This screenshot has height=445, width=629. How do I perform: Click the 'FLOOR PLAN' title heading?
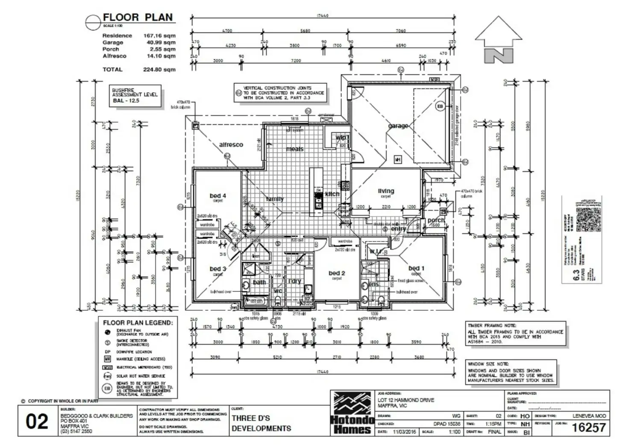pyautogui.click(x=138, y=18)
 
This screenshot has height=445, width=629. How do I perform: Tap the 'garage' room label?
pyautogui.click(x=398, y=126)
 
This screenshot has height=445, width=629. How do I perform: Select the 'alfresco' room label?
pyautogui.click(x=231, y=144)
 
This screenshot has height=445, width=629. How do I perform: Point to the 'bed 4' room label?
pyautogui.click(x=218, y=196)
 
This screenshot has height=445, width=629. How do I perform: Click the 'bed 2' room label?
pyautogui.click(x=337, y=273)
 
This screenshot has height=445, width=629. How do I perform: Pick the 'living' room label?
pyautogui.click(x=386, y=191)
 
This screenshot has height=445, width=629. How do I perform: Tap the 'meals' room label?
pyautogui.click(x=294, y=149)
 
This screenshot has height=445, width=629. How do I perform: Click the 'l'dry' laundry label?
pyautogui.click(x=294, y=281)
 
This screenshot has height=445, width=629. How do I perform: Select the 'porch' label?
pyautogui.click(x=436, y=220)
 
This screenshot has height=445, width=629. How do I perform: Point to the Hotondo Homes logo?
pyautogui.click(x=352, y=413)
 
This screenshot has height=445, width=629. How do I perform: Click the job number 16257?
pyautogui.click(x=588, y=427)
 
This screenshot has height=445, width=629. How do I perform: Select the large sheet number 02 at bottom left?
pyautogui.click(x=37, y=422)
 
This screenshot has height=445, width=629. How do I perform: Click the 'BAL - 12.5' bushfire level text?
pyautogui.click(x=126, y=100)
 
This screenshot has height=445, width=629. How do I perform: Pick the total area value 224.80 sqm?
pyautogui.click(x=159, y=69)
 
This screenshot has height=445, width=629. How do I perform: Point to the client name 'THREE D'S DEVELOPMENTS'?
pyautogui.click(x=261, y=423)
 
